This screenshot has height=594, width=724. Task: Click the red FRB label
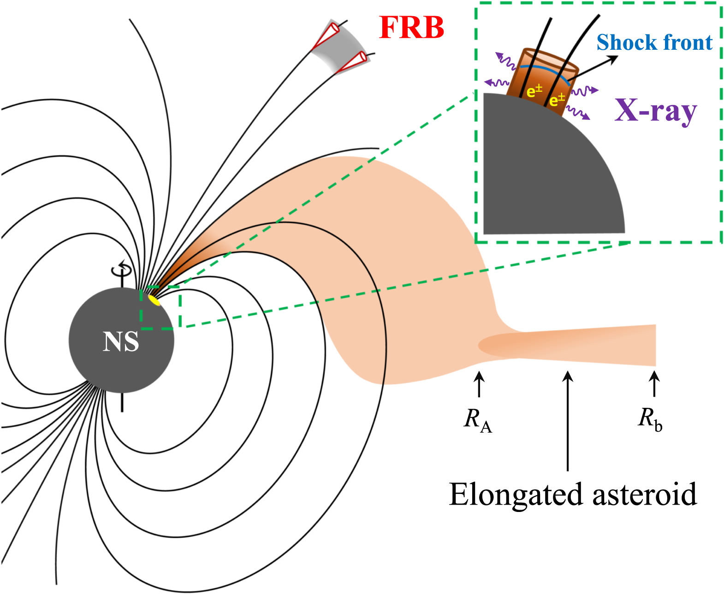411,28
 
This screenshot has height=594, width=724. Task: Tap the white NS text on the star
121,342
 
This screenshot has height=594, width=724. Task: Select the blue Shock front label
654,43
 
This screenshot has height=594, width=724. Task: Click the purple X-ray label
655,111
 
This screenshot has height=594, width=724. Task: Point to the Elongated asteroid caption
573,494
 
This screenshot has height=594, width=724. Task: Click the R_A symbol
478,420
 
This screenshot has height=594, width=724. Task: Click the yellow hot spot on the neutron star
154,300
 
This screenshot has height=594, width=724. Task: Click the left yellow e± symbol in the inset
534,91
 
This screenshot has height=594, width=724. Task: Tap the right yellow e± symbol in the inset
557,99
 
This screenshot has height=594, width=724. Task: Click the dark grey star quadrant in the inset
544,175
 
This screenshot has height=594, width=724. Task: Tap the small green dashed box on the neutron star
160,307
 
